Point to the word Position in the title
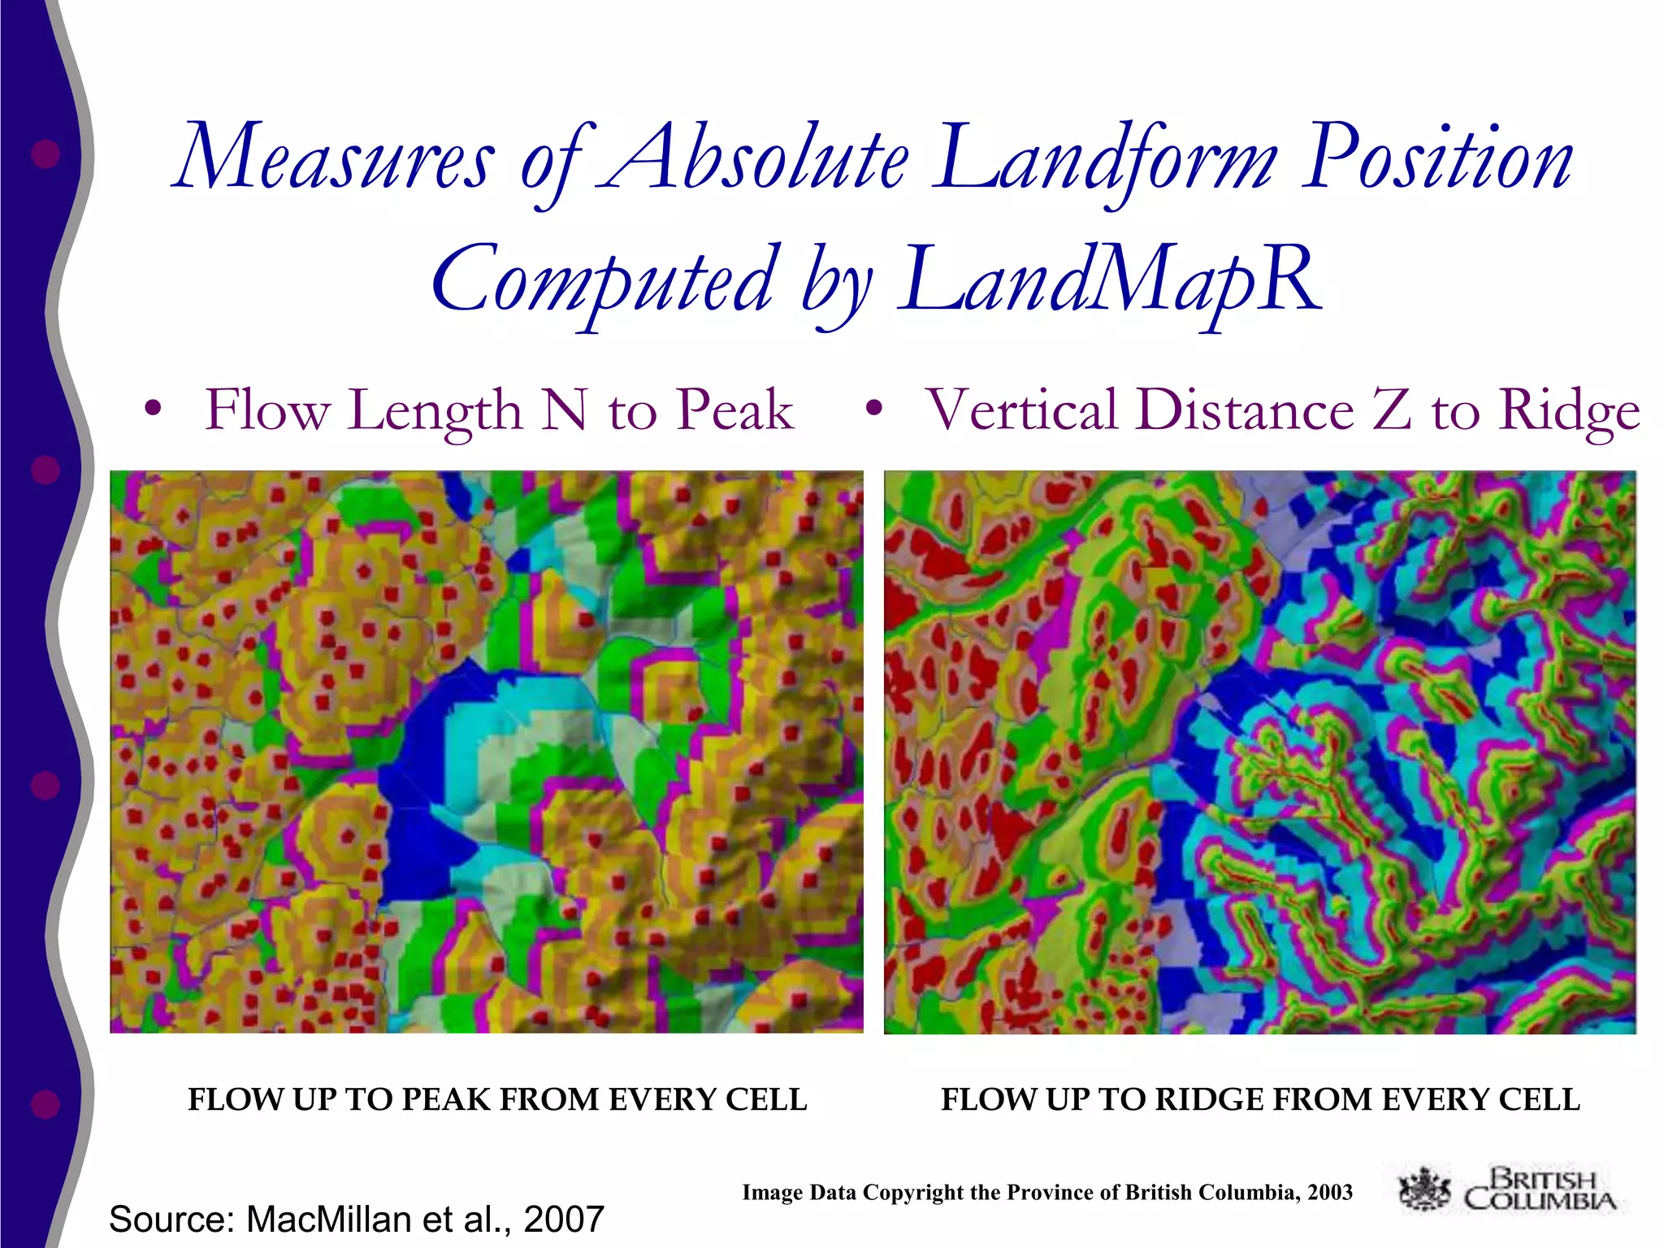tap(1437, 158)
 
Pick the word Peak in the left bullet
tap(734, 410)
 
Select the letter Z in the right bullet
tap(1391, 410)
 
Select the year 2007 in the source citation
tap(564, 1220)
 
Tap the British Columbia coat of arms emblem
tap(1424, 1189)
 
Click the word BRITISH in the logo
tap(1543, 1178)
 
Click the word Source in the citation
tap(171, 1220)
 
